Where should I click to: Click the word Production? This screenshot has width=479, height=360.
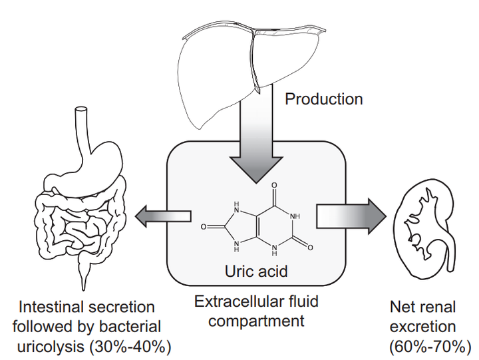click(x=324, y=99)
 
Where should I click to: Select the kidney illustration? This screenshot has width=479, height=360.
click(x=424, y=229)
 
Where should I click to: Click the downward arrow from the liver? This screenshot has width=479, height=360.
click(x=256, y=138)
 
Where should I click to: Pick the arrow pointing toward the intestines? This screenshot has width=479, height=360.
click(x=162, y=216)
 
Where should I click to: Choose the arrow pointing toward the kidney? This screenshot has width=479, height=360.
click(x=351, y=216)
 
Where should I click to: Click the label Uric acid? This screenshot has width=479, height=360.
click(x=256, y=271)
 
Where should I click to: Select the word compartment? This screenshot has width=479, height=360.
click(x=256, y=321)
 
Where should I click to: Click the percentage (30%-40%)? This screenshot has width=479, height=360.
click(x=130, y=347)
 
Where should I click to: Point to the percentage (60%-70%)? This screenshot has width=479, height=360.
click(x=430, y=347)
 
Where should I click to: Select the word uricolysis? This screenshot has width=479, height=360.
click(x=51, y=347)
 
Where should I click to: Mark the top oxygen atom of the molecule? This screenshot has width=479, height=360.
click(x=274, y=185)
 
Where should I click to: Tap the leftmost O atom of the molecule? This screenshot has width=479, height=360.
click(x=204, y=227)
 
